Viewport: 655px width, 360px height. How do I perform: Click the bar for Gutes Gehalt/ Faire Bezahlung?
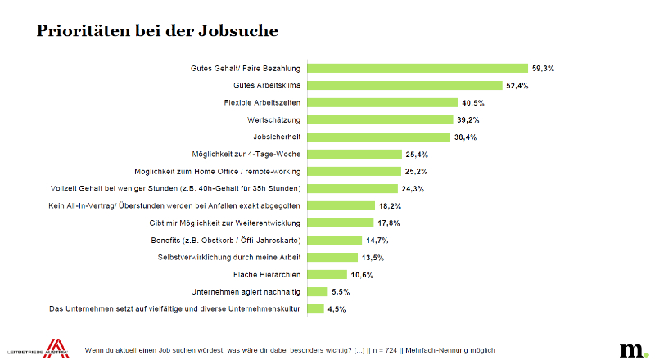point(418,68)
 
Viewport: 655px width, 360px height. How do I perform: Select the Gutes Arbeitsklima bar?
point(404,85)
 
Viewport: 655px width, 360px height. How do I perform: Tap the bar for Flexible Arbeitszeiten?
point(382,102)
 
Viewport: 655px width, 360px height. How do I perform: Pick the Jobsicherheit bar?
point(379,137)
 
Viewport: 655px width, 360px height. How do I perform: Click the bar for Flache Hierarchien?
point(327,274)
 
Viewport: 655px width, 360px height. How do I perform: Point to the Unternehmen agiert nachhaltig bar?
point(318,291)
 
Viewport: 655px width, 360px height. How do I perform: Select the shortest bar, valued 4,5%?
point(316,308)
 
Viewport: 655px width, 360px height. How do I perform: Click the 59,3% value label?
point(543,69)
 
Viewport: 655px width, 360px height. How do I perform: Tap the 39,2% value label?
point(468,120)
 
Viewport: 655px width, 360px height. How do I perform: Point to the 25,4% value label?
point(417,155)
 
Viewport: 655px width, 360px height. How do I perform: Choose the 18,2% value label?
point(390,206)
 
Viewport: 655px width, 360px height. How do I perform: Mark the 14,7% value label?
point(377,241)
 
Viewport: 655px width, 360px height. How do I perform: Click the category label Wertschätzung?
point(273,119)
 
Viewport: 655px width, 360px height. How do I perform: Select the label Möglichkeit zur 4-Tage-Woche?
point(246,154)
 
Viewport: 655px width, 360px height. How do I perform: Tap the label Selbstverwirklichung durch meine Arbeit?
point(229,257)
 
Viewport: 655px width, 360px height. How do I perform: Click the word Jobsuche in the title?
point(237,30)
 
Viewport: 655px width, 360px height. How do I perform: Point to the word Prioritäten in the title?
point(84,30)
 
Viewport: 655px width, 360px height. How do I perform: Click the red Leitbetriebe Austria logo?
point(56,349)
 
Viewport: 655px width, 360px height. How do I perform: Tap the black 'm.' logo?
point(634,350)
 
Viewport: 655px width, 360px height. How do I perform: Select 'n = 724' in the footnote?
point(385,350)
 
